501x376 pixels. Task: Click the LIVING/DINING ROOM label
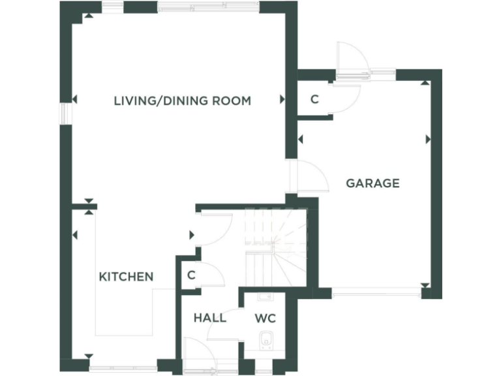[x=182, y=101]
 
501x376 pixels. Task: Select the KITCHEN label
[x=126, y=277]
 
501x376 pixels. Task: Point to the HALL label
[x=210, y=318]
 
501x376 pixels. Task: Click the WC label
[x=266, y=319]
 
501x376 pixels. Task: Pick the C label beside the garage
[x=314, y=100]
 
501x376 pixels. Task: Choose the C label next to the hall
[x=191, y=275]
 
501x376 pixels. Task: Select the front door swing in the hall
[x=196, y=352]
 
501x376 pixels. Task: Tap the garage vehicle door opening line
[x=376, y=291]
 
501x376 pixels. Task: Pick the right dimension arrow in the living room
[x=282, y=100]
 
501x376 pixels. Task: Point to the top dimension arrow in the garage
[x=425, y=83]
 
